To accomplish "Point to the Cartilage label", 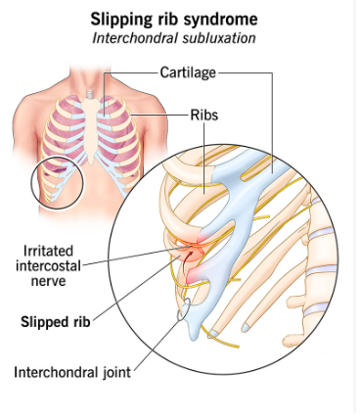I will click(x=187, y=71).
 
